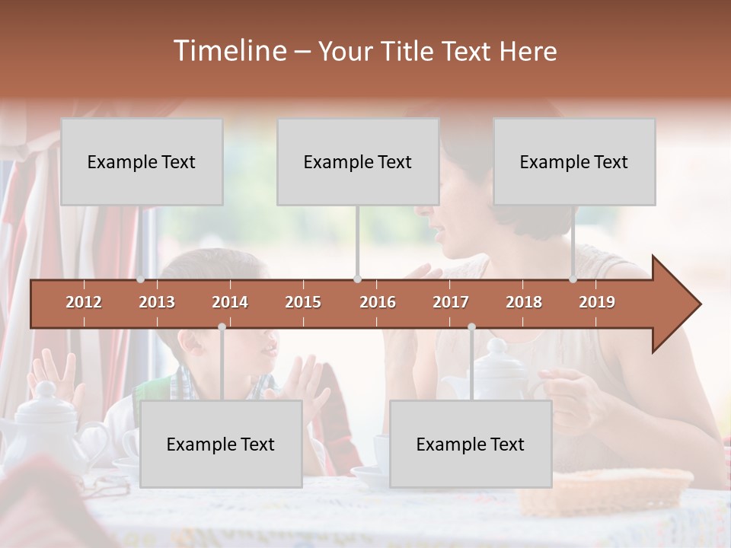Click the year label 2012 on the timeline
click(84, 302)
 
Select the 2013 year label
click(157, 302)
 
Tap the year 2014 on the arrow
click(230, 302)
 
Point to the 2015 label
click(303, 302)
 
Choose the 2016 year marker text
click(378, 302)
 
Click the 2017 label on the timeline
click(451, 302)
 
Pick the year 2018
click(524, 302)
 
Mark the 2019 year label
click(597, 302)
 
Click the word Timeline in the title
click(229, 51)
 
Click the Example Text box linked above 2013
click(142, 161)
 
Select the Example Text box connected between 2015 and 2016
click(358, 161)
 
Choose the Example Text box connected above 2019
click(574, 161)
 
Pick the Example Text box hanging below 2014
click(221, 444)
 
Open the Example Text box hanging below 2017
click(471, 444)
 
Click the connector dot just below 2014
click(222, 327)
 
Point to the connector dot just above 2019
click(573, 279)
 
